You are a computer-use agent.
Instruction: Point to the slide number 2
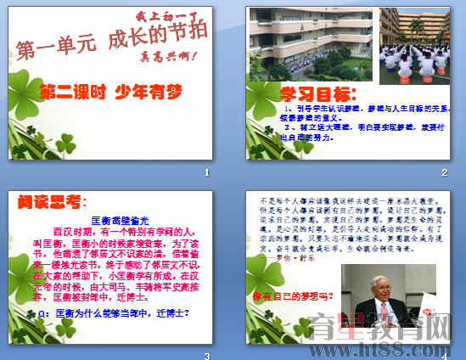pyautogui.click(x=443, y=173)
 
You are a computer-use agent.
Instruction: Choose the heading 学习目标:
pyautogui.click(x=317, y=93)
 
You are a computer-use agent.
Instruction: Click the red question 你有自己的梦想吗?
pyautogui.click(x=293, y=296)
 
